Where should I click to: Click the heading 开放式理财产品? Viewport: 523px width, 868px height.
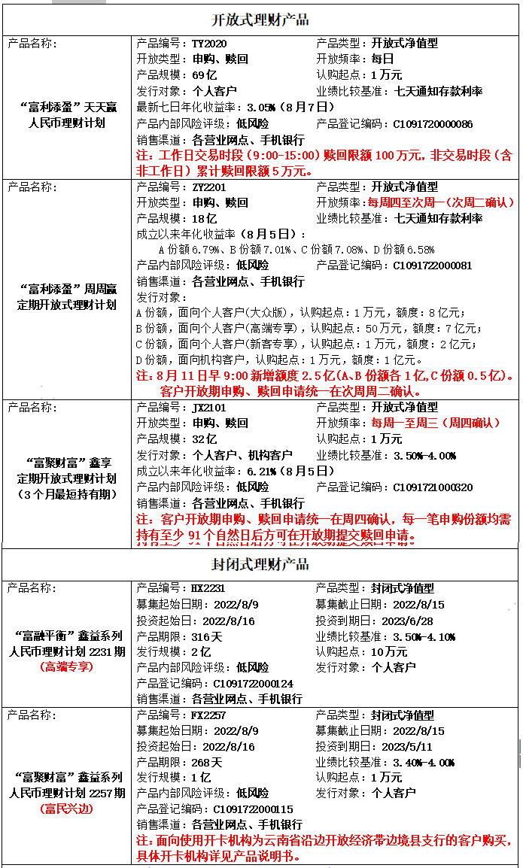[x=260, y=20]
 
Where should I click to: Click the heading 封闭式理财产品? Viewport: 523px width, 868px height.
[x=260, y=564]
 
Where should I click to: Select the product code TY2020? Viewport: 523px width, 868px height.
[x=209, y=44]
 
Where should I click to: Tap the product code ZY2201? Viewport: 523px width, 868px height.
[x=209, y=187]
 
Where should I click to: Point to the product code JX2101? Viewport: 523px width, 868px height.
[x=209, y=407]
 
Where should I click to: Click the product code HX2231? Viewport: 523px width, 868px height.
[x=209, y=588]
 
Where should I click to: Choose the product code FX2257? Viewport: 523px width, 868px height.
[x=209, y=715]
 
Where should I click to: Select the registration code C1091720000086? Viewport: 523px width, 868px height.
[x=433, y=123]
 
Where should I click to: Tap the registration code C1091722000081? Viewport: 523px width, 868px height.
[x=433, y=266]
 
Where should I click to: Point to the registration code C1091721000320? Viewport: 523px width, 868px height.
[x=433, y=487]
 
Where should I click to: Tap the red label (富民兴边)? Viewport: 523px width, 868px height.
[x=66, y=809]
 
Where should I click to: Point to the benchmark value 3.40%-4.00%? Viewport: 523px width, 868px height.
[x=424, y=763]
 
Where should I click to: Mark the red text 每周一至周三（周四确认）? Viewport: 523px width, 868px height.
[x=434, y=423]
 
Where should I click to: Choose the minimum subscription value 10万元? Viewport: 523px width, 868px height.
[x=389, y=652]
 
